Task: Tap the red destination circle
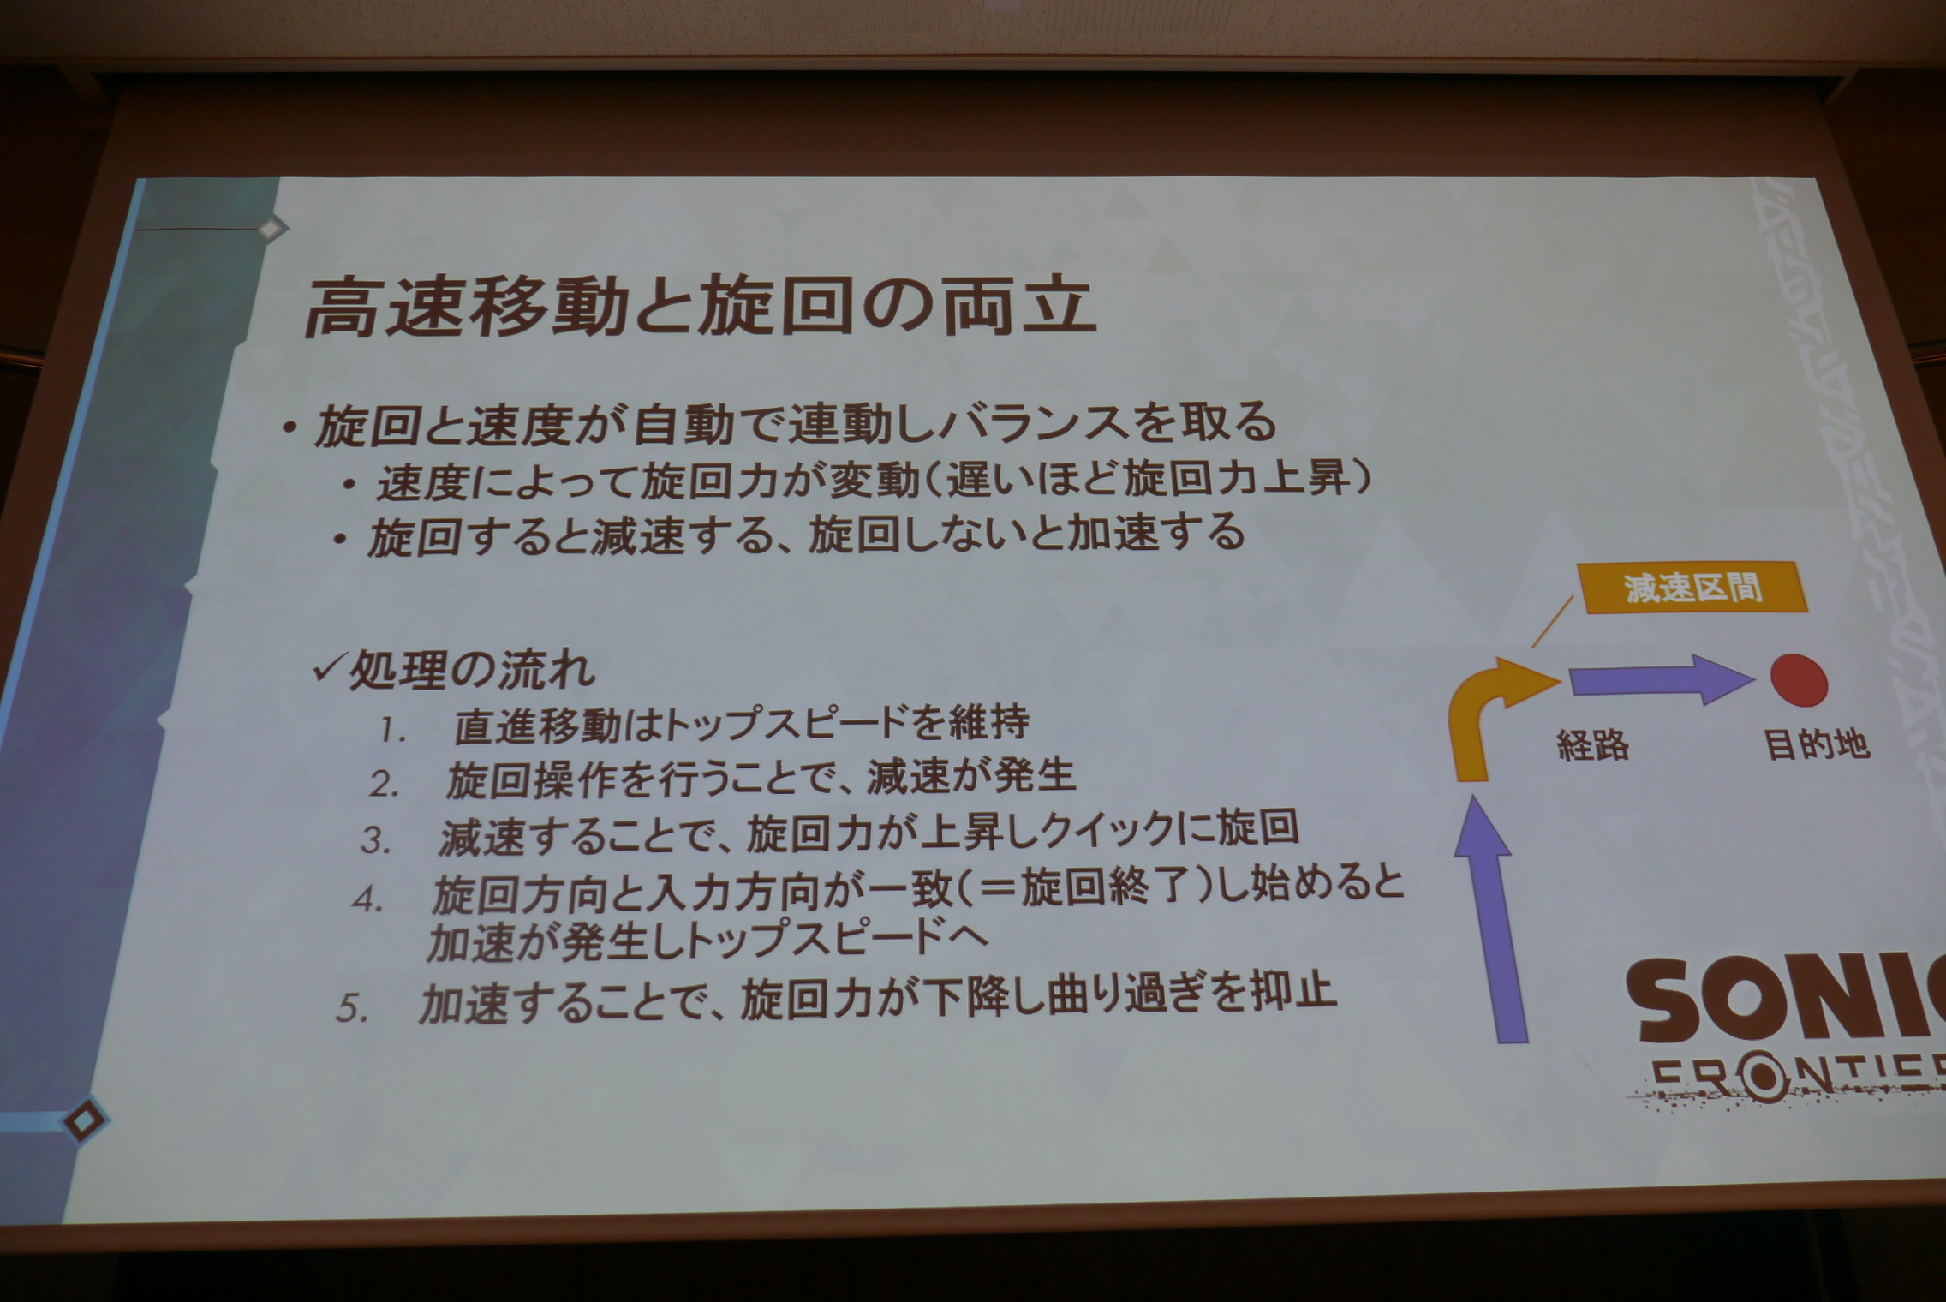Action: (1799, 680)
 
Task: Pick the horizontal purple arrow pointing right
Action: (1661, 680)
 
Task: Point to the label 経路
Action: (1592, 745)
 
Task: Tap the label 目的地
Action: (1816, 744)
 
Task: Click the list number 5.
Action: (352, 1008)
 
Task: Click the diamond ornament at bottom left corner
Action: (84, 1120)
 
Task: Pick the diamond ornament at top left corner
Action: (272, 229)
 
